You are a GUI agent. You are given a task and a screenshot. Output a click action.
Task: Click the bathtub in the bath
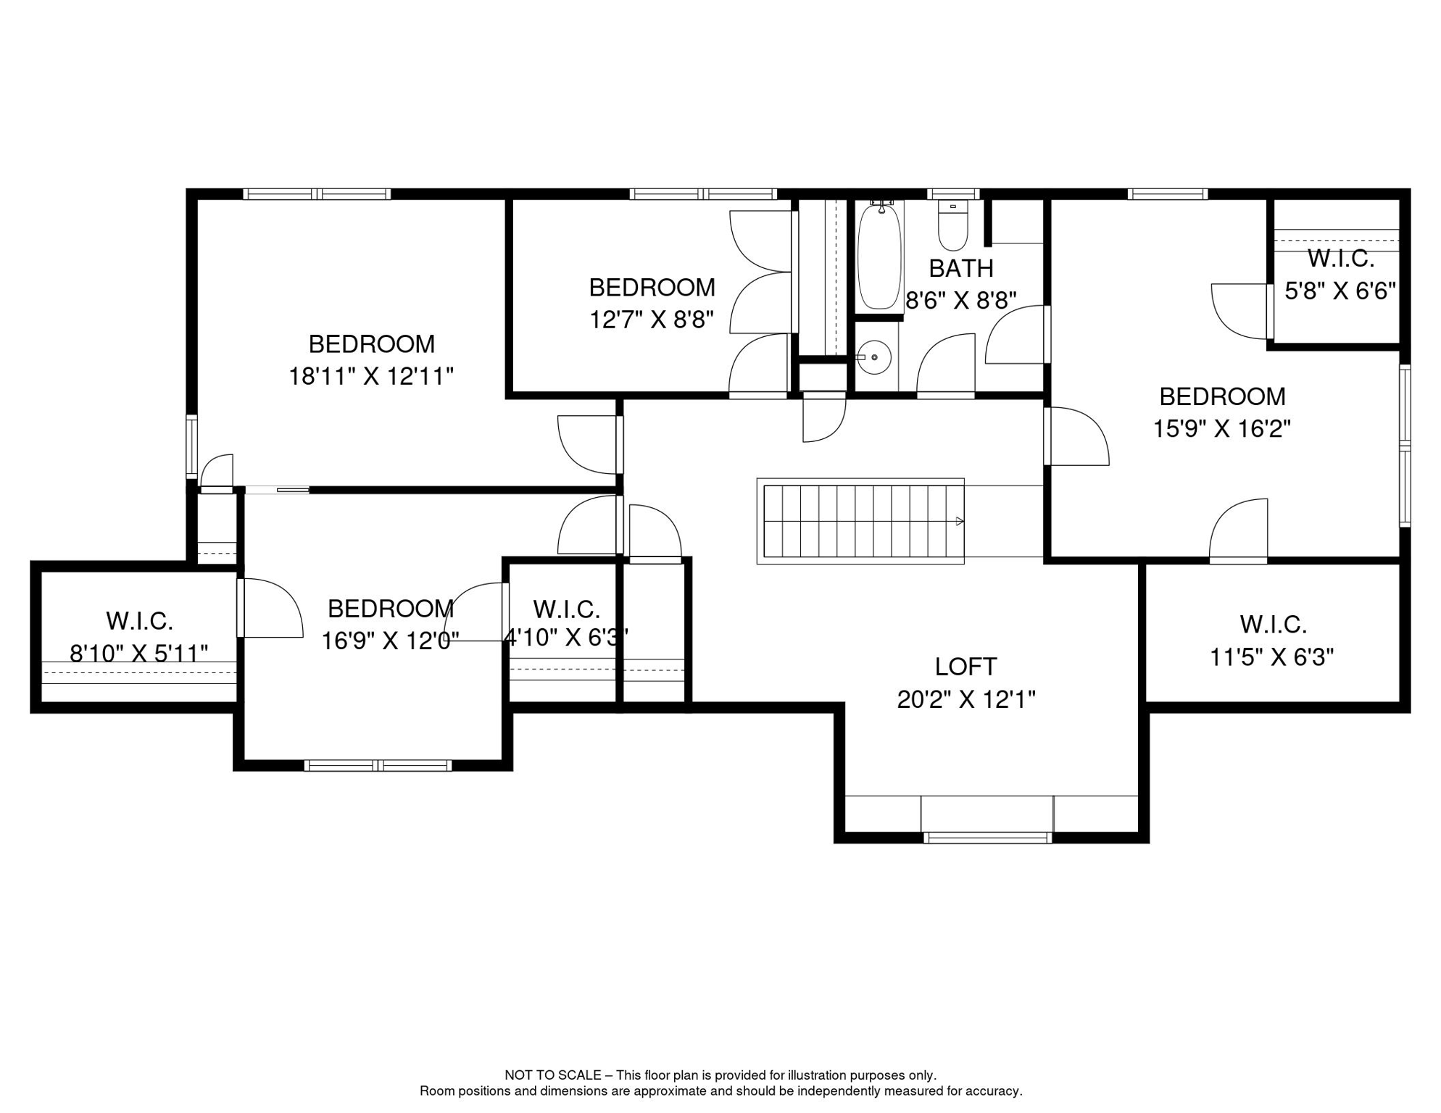coord(879,257)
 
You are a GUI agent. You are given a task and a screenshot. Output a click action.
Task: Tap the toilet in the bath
coord(953,225)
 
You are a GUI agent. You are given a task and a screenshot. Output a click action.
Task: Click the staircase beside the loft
coord(860,521)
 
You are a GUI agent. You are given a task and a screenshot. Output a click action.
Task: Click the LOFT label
coord(965,667)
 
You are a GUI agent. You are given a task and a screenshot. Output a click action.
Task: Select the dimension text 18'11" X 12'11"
coord(371,377)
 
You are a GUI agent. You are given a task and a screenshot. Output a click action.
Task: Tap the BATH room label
coord(961,269)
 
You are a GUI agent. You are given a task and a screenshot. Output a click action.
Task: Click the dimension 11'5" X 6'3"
coord(1272,658)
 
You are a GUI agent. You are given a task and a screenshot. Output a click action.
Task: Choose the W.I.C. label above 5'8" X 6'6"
coord(1341,258)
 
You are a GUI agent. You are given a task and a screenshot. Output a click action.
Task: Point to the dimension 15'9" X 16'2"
coord(1222,429)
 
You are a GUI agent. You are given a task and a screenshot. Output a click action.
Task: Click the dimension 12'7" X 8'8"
coord(652,320)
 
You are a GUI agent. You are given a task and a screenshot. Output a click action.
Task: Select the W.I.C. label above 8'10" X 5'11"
coord(139,621)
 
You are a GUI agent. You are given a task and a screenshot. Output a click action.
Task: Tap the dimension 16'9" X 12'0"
coord(390,641)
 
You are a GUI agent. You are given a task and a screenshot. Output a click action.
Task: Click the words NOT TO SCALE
coord(553,1075)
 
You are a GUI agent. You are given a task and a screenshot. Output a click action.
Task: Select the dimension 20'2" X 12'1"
coord(966,699)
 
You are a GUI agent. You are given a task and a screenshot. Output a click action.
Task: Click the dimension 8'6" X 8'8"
coord(961,301)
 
